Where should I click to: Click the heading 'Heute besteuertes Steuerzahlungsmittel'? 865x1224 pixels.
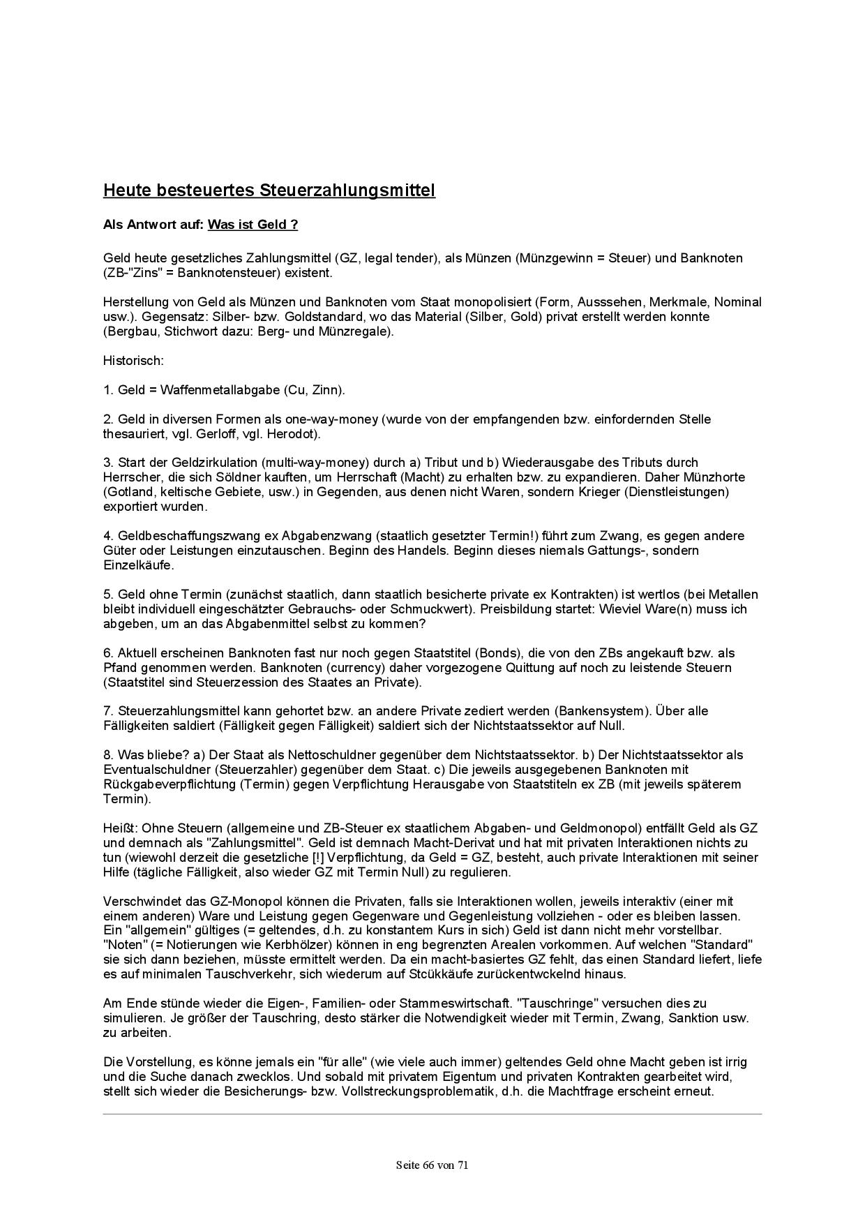click(269, 190)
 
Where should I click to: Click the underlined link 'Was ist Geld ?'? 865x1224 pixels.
click(253, 224)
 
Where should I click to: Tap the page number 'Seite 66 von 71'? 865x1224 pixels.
click(432, 1164)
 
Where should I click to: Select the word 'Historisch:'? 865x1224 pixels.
click(133, 360)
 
